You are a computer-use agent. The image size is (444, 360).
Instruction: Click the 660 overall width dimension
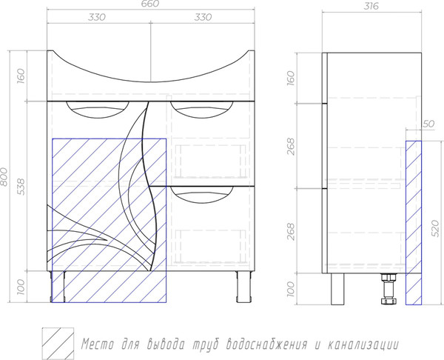(x=151, y=4)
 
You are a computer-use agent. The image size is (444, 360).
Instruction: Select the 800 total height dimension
(x=4, y=176)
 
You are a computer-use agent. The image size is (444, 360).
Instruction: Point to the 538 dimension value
(x=21, y=186)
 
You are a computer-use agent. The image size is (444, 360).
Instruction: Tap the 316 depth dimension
(x=371, y=6)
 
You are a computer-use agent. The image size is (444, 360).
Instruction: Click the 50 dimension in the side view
(x=428, y=124)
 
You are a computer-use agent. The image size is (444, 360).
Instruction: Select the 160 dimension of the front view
(x=21, y=76)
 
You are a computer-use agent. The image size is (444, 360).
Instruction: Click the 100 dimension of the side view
(x=291, y=289)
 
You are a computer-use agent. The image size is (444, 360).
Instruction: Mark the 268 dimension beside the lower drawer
(x=291, y=231)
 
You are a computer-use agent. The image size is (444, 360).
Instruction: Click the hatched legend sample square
(x=58, y=344)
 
